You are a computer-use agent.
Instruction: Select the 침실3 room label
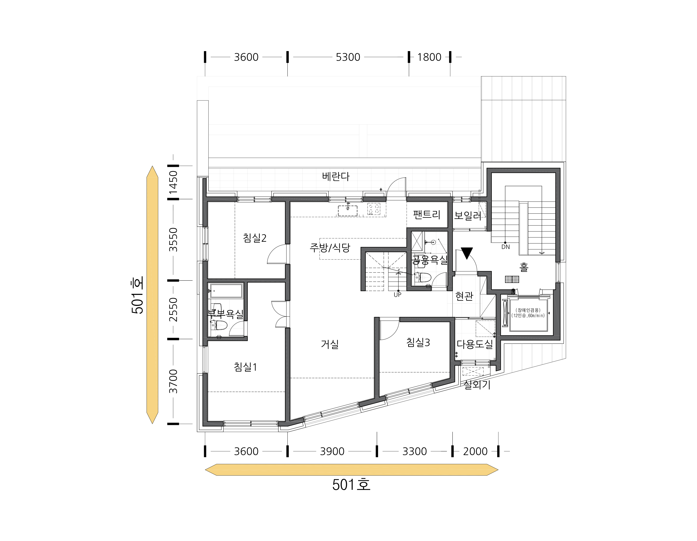(x=418, y=342)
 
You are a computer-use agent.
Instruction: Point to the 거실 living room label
(x=330, y=344)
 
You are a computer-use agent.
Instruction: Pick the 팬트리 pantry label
(x=427, y=214)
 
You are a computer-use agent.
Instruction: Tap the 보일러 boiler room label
(x=468, y=215)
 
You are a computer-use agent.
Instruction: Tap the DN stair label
(x=506, y=247)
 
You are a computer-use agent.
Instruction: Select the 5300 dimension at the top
(x=348, y=57)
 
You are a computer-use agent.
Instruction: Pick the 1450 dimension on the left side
(x=173, y=182)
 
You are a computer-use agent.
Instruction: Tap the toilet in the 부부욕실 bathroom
(x=220, y=326)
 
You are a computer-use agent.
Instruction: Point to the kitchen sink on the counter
(x=348, y=211)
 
